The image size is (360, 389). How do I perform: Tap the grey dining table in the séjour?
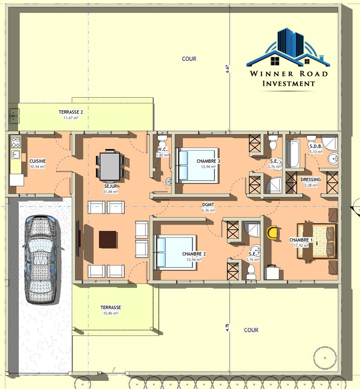pyautogui.click(x=110, y=166)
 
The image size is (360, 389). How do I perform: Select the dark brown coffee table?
pyautogui.click(x=107, y=239)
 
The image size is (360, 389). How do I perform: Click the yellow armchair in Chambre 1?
pyautogui.click(x=272, y=233)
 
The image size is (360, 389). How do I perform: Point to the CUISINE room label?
pyautogui.click(x=37, y=161)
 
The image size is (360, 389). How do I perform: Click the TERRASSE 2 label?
pyautogui.click(x=71, y=112)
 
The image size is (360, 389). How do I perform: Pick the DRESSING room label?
pyautogui.click(x=310, y=179)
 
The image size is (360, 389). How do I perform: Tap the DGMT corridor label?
pyautogui.click(x=208, y=205)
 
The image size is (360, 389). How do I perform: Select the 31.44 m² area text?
pyautogui.click(x=111, y=192)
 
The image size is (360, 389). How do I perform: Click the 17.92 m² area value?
pyautogui.click(x=301, y=246)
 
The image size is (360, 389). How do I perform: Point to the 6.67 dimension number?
pyautogui.click(x=227, y=69)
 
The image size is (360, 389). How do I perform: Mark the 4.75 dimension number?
pyautogui.click(x=227, y=328)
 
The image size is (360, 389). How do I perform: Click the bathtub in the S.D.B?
pyautogui.click(x=293, y=154)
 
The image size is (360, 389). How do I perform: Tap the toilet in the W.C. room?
pyautogui.click(x=162, y=142)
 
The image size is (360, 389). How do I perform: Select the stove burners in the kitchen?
pyautogui.click(x=16, y=142)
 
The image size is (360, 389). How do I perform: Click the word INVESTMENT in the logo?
pyautogui.click(x=289, y=83)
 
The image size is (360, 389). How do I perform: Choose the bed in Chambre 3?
pyautogui.click(x=197, y=165)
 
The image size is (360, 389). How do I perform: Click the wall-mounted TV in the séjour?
pyautogui.click(x=78, y=238)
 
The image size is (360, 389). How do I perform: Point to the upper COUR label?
pyautogui.click(x=189, y=59)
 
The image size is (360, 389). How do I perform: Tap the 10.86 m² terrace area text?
pyautogui.click(x=111, y=313)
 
